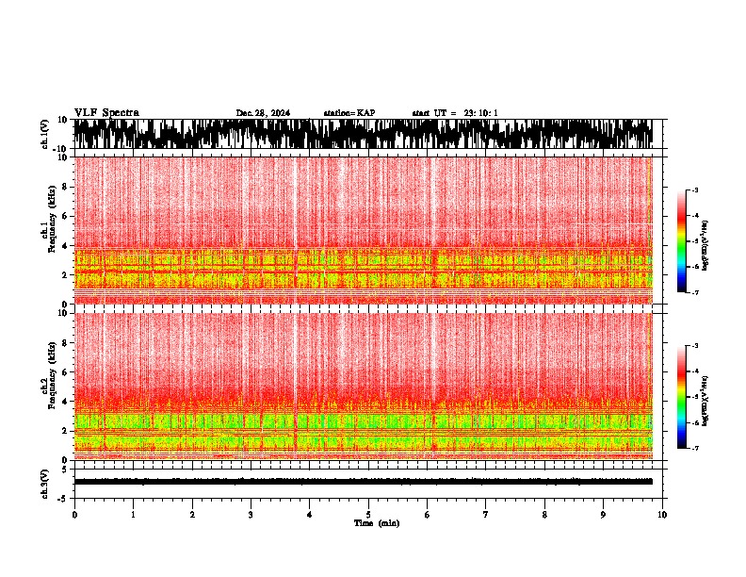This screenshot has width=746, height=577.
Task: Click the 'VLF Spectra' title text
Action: pyautogui.click(x=106, y=113)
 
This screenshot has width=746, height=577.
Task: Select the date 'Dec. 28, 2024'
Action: pyautogui.click(x=263, y=113)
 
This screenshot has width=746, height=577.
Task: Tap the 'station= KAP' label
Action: pyautogui.click(x=349, y=113)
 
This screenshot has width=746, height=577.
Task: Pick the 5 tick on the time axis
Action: pyautogui.click(x=368, y=515)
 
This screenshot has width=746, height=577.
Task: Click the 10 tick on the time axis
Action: pyautogui.click(x=662, y=515)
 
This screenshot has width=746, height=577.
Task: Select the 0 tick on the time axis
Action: pyautogui.click(x=74, y=515)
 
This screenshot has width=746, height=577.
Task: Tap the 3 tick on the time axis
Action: pyautogui.click(x=251, y=515)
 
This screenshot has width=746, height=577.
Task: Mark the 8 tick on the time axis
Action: pyautogui.click(x=544, y=515)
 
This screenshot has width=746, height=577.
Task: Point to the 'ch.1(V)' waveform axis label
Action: pyautogui.click(x=45, y=134)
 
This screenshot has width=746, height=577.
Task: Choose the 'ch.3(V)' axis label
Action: pyautogui.click(x=45, y=482)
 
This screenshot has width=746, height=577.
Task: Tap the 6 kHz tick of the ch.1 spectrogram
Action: pyautogui.click(x=64, y=216)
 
